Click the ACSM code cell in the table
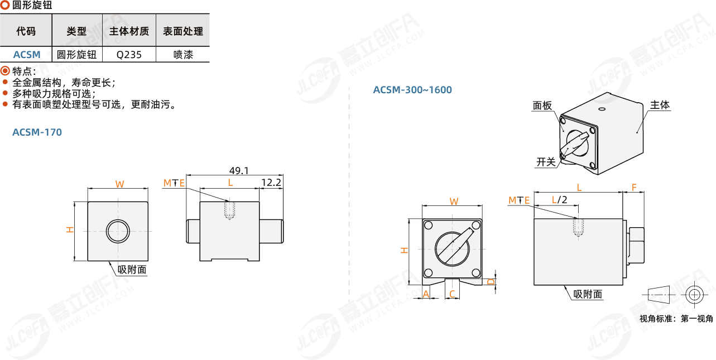(x=27, y=55)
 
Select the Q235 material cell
(x=129, y=55)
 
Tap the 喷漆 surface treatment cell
(x=183, y=55)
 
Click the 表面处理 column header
(x=183, y=31)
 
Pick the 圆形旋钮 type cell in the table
(x=76, y=55)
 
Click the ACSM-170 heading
(x=37, y=132)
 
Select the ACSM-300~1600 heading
(x=412, y=90)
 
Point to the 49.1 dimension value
(x=239, y=170)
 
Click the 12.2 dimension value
(x=271, y=183)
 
